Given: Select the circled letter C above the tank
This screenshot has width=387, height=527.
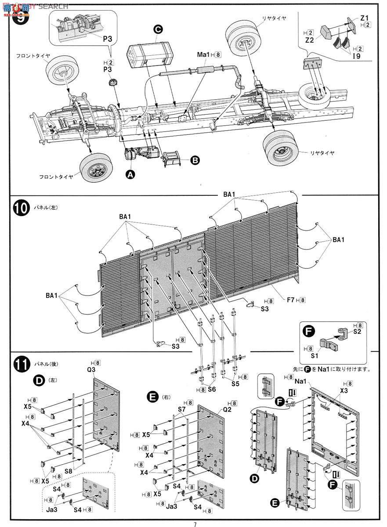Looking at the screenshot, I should [158, 29].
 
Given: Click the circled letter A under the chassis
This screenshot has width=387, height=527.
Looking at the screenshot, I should [130, 174].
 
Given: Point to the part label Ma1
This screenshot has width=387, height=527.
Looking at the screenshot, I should [203, 55].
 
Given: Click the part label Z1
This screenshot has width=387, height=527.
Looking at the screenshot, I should [365, 18].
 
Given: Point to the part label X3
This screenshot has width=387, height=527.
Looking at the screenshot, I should [344, 390].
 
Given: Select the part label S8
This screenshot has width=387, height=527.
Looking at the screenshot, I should [69, 470].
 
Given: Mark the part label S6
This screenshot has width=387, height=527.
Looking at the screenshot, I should [212, 389].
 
